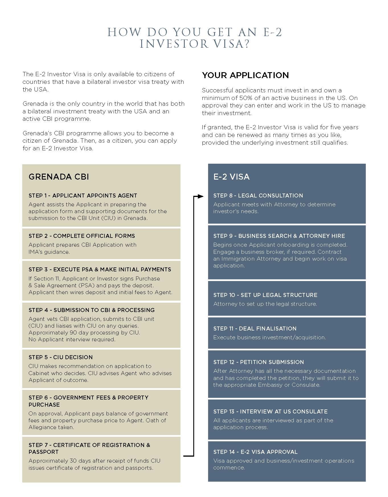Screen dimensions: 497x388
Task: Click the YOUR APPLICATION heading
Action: click(245, 75)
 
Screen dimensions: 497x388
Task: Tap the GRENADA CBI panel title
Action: click(59, 177)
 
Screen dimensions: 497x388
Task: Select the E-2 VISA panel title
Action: click(231, 177)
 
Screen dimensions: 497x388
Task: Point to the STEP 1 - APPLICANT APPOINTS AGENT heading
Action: click(83, 196)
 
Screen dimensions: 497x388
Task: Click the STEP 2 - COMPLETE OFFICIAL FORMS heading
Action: click(82, 236)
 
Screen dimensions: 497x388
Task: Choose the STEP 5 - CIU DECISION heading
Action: click(61, 357)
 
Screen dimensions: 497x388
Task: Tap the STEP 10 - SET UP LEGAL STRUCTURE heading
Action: click(265, 295)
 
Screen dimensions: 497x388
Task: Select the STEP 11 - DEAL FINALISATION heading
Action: click(255, 328)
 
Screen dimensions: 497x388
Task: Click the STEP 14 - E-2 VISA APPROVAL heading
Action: click(255, 452)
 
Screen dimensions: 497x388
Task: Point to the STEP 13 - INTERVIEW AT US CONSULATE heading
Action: click(270, 411)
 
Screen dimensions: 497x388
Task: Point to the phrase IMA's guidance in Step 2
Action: click(49, 252)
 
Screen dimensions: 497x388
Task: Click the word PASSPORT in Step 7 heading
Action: click(43, 452)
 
